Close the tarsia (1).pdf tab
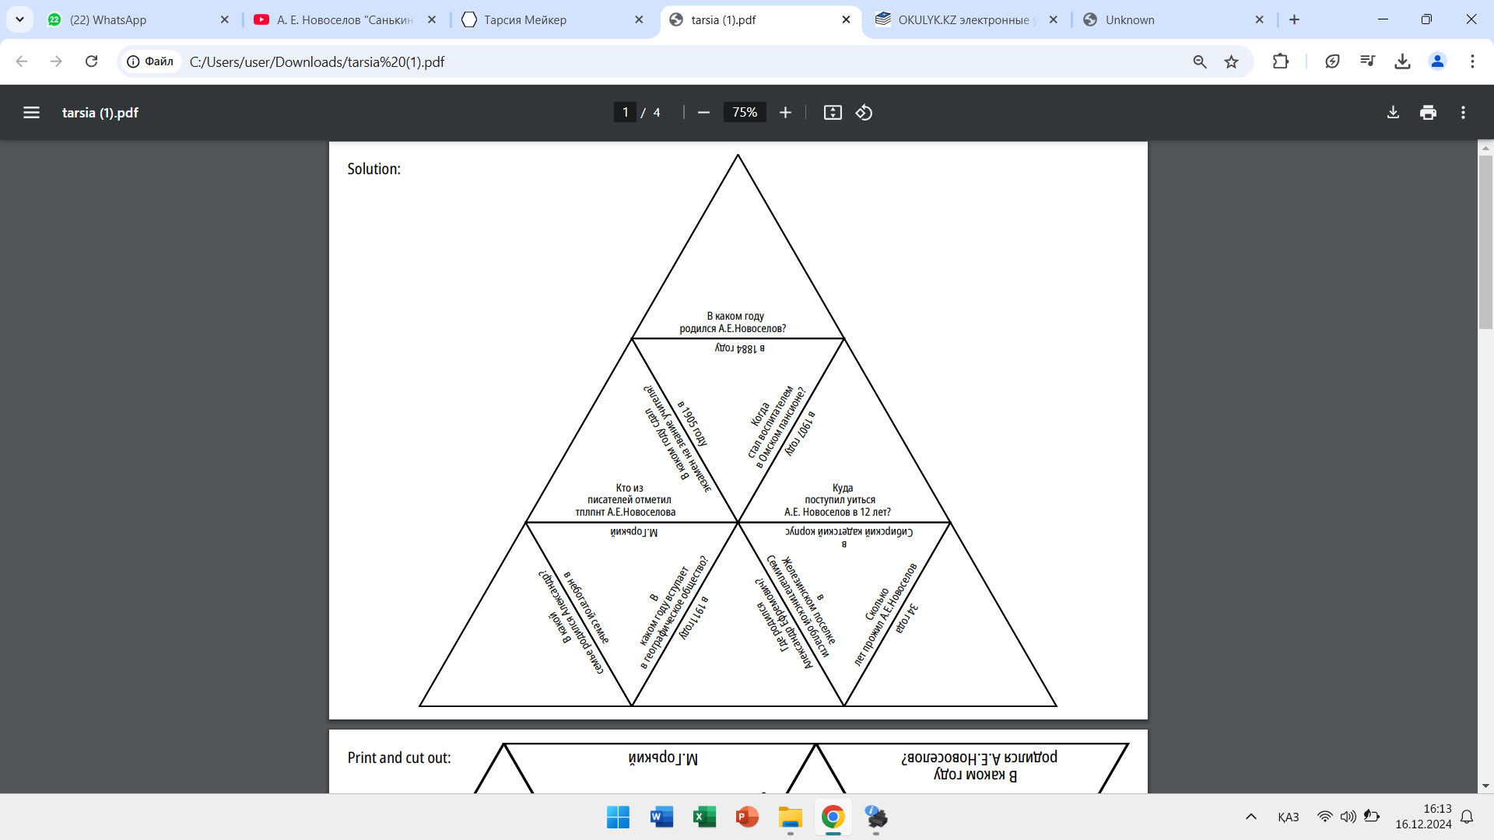(846, 20)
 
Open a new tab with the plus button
(1294, 20)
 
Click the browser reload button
(91, 61)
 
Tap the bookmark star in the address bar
(1231, 61)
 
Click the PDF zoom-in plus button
(785, 113)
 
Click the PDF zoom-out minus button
(703, 113)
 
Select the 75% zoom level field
(744, 113)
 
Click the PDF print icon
(1428, 113)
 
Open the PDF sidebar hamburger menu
(31, 113)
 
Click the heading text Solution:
(373, 169)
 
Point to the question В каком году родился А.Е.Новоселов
(734, 322)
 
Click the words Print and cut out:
(398, 758)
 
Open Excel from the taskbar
(704, 817)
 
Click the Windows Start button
(618, 817)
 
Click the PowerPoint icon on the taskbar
(747, 817)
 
